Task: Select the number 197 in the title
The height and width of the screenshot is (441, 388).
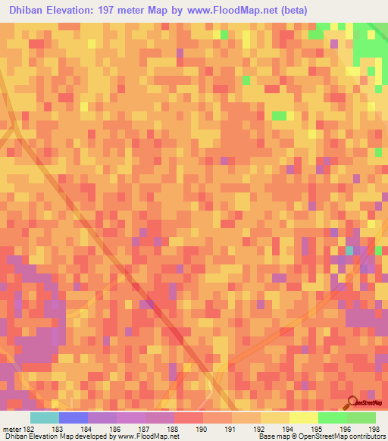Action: [116, 10]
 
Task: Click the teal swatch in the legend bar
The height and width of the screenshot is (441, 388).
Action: [45, 418]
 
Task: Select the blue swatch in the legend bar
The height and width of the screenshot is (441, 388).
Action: [74, 418]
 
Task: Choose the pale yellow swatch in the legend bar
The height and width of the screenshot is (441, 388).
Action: [304, 418]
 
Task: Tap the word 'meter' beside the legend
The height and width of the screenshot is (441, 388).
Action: [11, 429]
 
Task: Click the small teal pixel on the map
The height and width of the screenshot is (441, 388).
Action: [349, 250]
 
